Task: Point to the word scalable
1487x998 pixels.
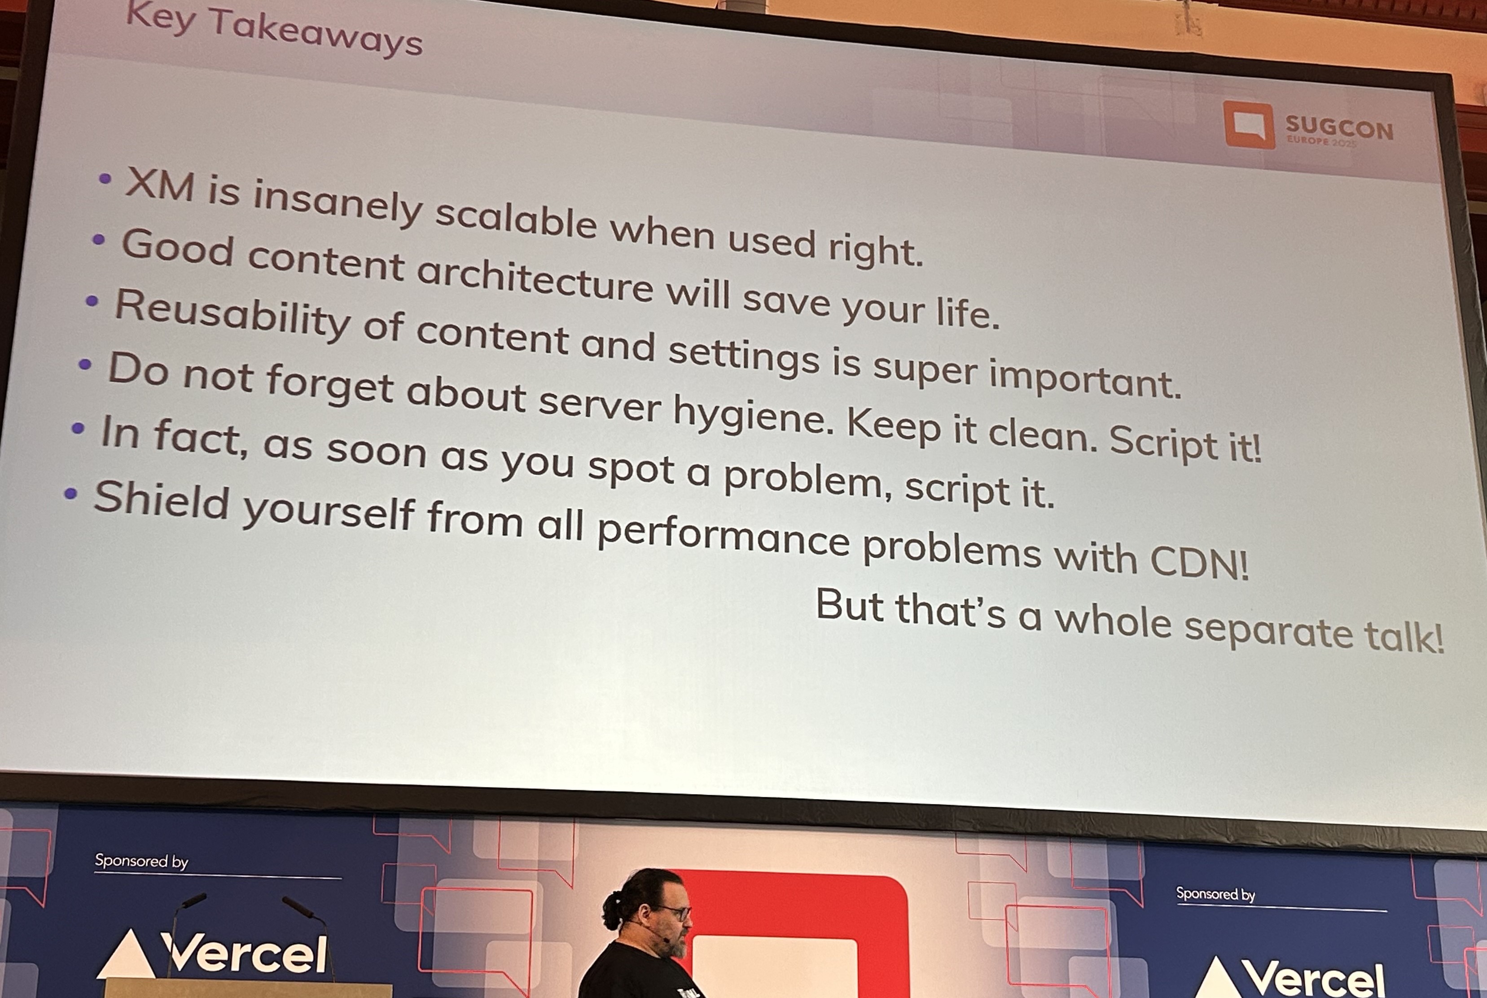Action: [515, 218]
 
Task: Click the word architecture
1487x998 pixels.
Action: [535, 281]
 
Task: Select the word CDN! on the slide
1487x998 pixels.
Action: [1199, 561]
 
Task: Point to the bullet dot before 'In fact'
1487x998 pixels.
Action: [78, 428]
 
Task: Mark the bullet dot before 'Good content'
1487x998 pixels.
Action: [99, 240]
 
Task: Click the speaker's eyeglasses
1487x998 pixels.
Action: [675, 913]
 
